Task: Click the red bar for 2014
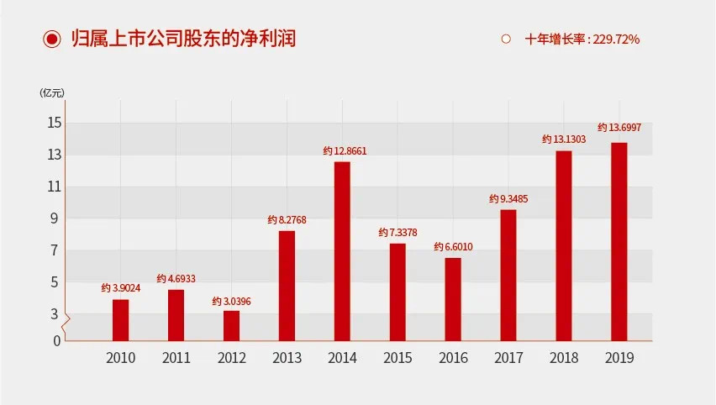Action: pyautogui.click(x=342, y=250)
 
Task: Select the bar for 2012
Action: pyautogui.click(x=231, y=325)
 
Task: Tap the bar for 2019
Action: pyautogui.click(x=619, y=241)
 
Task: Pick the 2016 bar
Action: pyautogui.click(x=453, y=298)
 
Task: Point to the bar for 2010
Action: pyautogui.click(x=120, y=319)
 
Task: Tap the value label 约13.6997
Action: pyautogui.click(x=619, y=127)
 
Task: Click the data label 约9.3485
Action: pyautogui.click(x=509, y=199)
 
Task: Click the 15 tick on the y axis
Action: pyautogui.click(x=55, y=123)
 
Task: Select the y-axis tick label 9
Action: pyautogui.click(x=55, y=218)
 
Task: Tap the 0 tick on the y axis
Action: pyautogui.click(x=57, y=340)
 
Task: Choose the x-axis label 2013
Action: pyautogui.click(x=287, y=358)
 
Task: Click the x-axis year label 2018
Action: pyautogui.click(x=564, y=358)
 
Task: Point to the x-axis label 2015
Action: pyautogui.click(x=397, y=358)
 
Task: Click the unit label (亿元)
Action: pyautogui.click(x=51, y=92)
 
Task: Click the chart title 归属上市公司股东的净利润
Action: pyautogui.click(x=183, y=39)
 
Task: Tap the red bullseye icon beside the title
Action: pyautogui.click(x=52, y=39)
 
